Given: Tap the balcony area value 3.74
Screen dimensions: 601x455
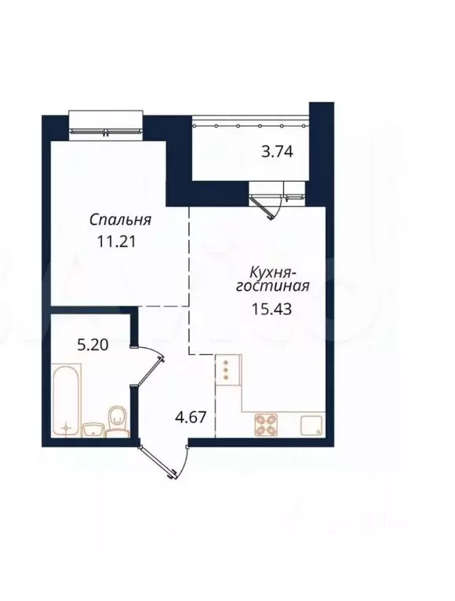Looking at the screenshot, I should coord(276,154).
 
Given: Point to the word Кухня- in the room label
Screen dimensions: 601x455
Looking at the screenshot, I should coord(272,272).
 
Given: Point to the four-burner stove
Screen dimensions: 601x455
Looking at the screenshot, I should coord(266,424).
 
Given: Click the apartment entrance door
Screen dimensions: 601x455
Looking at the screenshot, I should coord(163,463).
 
